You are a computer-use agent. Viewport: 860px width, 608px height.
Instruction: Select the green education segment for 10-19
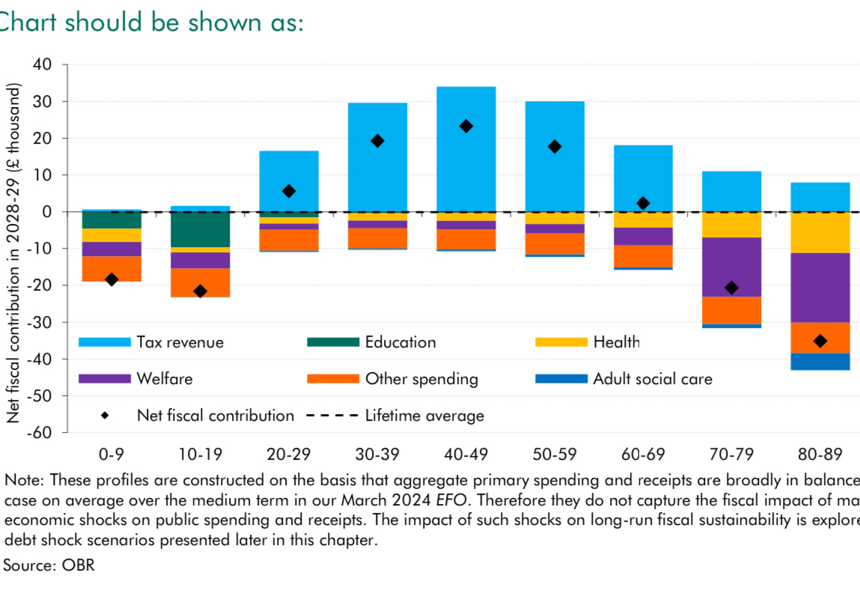point(200,229)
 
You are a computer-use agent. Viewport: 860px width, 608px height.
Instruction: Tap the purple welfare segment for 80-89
point(820,288)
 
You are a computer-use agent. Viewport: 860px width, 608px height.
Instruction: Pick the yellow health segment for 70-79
point(731,225)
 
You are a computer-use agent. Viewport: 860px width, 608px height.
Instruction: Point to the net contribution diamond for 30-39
point(377,141)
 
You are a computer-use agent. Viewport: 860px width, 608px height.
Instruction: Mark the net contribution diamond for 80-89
point(820,341)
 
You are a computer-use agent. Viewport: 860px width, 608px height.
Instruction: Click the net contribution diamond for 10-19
point(200,291)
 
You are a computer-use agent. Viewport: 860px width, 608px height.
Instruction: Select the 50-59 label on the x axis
point(555,454)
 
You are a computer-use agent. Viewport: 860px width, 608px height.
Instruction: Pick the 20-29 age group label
point(288,454)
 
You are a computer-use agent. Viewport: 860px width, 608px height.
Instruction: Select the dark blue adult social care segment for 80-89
point(820,362)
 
